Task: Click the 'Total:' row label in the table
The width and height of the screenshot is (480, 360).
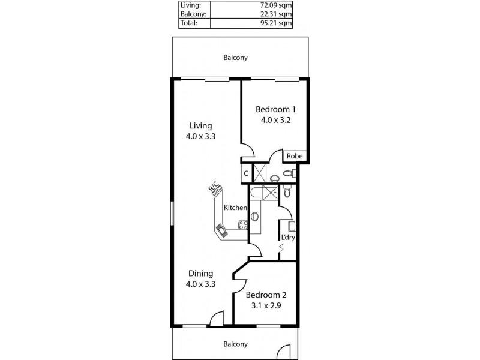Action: click(x=188, y=23)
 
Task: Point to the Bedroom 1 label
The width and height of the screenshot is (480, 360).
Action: click(x=275, y=109)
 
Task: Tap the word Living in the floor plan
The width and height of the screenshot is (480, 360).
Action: click(x=200, y=126)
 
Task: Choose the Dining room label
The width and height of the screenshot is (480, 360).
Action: click(x=200, y=274)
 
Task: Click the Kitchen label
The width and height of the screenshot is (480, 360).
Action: click(x=235, y=208)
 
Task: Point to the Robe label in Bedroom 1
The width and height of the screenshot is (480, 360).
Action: click(x=294, y=156)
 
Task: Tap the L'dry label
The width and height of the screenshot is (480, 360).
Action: click(x=287, y=237)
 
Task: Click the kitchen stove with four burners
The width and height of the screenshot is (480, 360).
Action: click(x=244, y=226)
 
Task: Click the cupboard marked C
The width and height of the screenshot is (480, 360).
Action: click(x=245, y=174)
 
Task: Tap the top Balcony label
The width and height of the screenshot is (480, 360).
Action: click(x=235, y=58)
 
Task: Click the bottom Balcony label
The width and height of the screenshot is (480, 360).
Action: click(x=235, y=344)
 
